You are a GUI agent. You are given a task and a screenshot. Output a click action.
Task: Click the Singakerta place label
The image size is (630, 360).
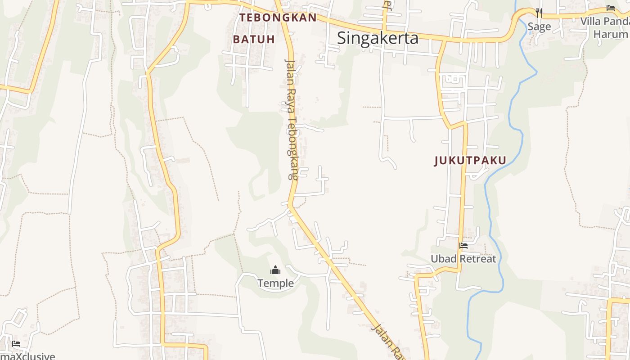(x=378, y=38)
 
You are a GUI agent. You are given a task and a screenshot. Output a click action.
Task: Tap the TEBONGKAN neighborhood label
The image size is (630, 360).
(x=278, y=18)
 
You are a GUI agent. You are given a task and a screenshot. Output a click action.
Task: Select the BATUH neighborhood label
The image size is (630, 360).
(x=254, y=39)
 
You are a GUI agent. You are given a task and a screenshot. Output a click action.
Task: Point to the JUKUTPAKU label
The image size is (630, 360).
(x=470, y=160)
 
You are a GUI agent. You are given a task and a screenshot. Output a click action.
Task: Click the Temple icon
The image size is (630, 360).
(x=275, y=270)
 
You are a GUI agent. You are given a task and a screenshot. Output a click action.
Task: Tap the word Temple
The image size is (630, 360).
(x=275, y=283)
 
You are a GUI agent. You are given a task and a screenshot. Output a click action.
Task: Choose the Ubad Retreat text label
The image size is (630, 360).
(x=463, y=259)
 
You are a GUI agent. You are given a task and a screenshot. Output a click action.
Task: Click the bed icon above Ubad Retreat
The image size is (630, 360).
(x=463, y=246)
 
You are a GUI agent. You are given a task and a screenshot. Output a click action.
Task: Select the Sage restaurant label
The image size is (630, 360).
(x=539, y=27)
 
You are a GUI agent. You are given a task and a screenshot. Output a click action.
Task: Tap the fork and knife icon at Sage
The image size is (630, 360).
(x=539, y=13)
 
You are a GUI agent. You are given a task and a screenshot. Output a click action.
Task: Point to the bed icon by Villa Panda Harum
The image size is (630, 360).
(x=611, y=8)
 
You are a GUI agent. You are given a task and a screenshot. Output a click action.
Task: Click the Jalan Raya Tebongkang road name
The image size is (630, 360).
(x=292, y=119)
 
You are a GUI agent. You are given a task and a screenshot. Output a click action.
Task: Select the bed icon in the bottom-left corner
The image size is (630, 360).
(x=16, y=344)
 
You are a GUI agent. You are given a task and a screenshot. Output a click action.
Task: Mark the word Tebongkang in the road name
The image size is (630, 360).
(x=293, y=148)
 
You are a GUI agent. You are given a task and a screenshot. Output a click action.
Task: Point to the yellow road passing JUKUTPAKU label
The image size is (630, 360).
(x=463, y=180)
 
